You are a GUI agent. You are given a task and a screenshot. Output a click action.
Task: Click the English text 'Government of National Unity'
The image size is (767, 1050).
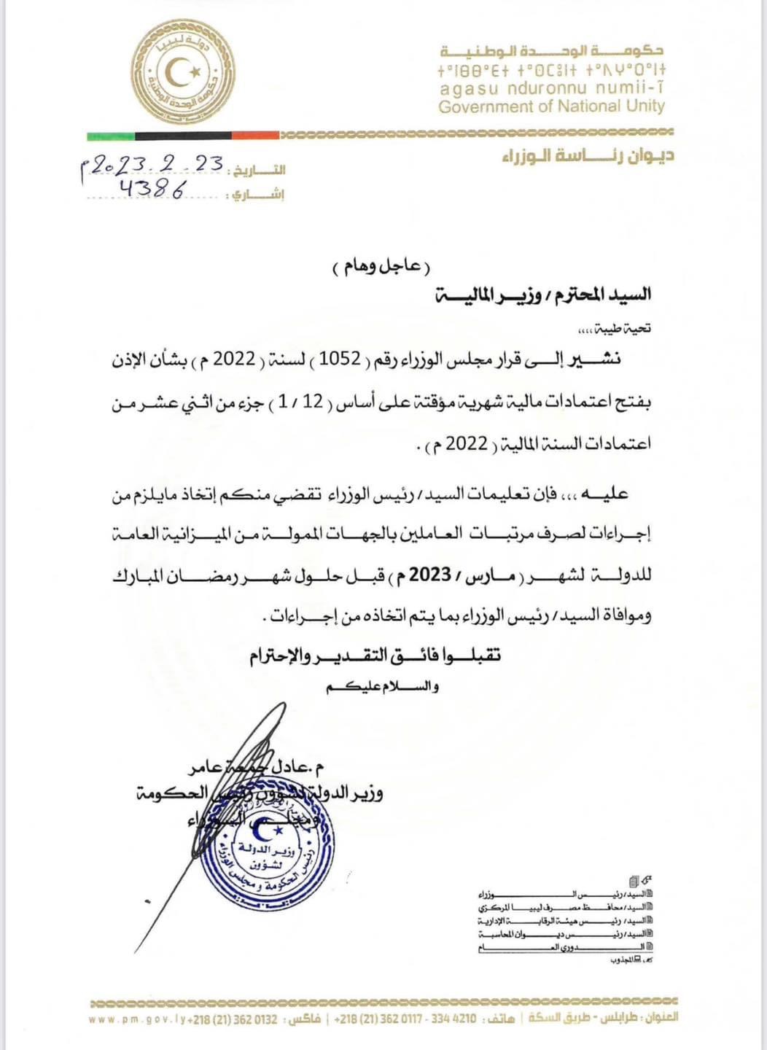pos(551,106)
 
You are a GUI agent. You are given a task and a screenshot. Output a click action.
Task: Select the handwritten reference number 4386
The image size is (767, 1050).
pos(153,189)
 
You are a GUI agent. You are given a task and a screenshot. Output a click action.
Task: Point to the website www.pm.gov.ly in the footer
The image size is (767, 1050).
pos(137,1019)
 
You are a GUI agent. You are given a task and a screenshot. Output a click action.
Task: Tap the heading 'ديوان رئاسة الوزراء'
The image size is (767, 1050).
pos(588,155)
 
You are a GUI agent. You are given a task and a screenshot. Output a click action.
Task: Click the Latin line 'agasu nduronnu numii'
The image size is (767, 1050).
pos(551,89)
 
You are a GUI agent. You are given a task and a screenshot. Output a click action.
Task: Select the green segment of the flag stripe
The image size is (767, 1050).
pos(110,136)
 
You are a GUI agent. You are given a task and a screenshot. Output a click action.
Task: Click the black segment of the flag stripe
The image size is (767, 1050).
pos(182,136)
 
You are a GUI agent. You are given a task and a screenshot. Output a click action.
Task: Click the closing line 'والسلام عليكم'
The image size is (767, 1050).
pos(383,687)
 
